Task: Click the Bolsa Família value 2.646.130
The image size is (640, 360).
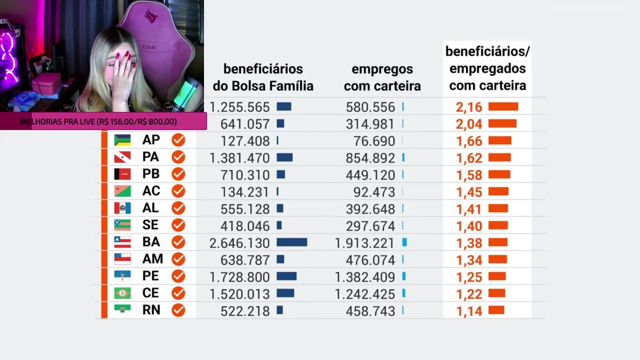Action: (239, 243)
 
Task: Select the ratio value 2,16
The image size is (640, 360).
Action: (469, 107)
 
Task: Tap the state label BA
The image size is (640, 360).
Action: (151, 242)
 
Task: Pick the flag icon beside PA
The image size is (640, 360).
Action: (122, 157)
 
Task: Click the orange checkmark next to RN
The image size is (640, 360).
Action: (178, 310)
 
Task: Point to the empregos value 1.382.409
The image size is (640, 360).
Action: (365, 277)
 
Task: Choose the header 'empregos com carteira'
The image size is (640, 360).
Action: (382, 77)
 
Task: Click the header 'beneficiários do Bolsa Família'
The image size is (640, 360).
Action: (263, 77)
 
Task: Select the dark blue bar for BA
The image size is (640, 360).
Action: (292, 242)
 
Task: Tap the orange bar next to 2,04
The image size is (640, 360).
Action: (502, 123)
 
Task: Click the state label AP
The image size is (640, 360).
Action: (151, 140)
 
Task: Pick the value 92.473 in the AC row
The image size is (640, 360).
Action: (370, 192)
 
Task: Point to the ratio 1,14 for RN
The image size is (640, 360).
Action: (469, 311)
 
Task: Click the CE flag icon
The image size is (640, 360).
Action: (122, 293)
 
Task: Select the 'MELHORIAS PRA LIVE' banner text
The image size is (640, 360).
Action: (98, 121)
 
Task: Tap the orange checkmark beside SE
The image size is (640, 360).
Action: (178, 225)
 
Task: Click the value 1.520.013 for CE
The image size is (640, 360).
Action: (239, 294)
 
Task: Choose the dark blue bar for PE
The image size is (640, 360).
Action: (286, 276)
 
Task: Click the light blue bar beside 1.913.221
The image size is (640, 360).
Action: (404, 242)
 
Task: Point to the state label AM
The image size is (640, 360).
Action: (152, 259)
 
